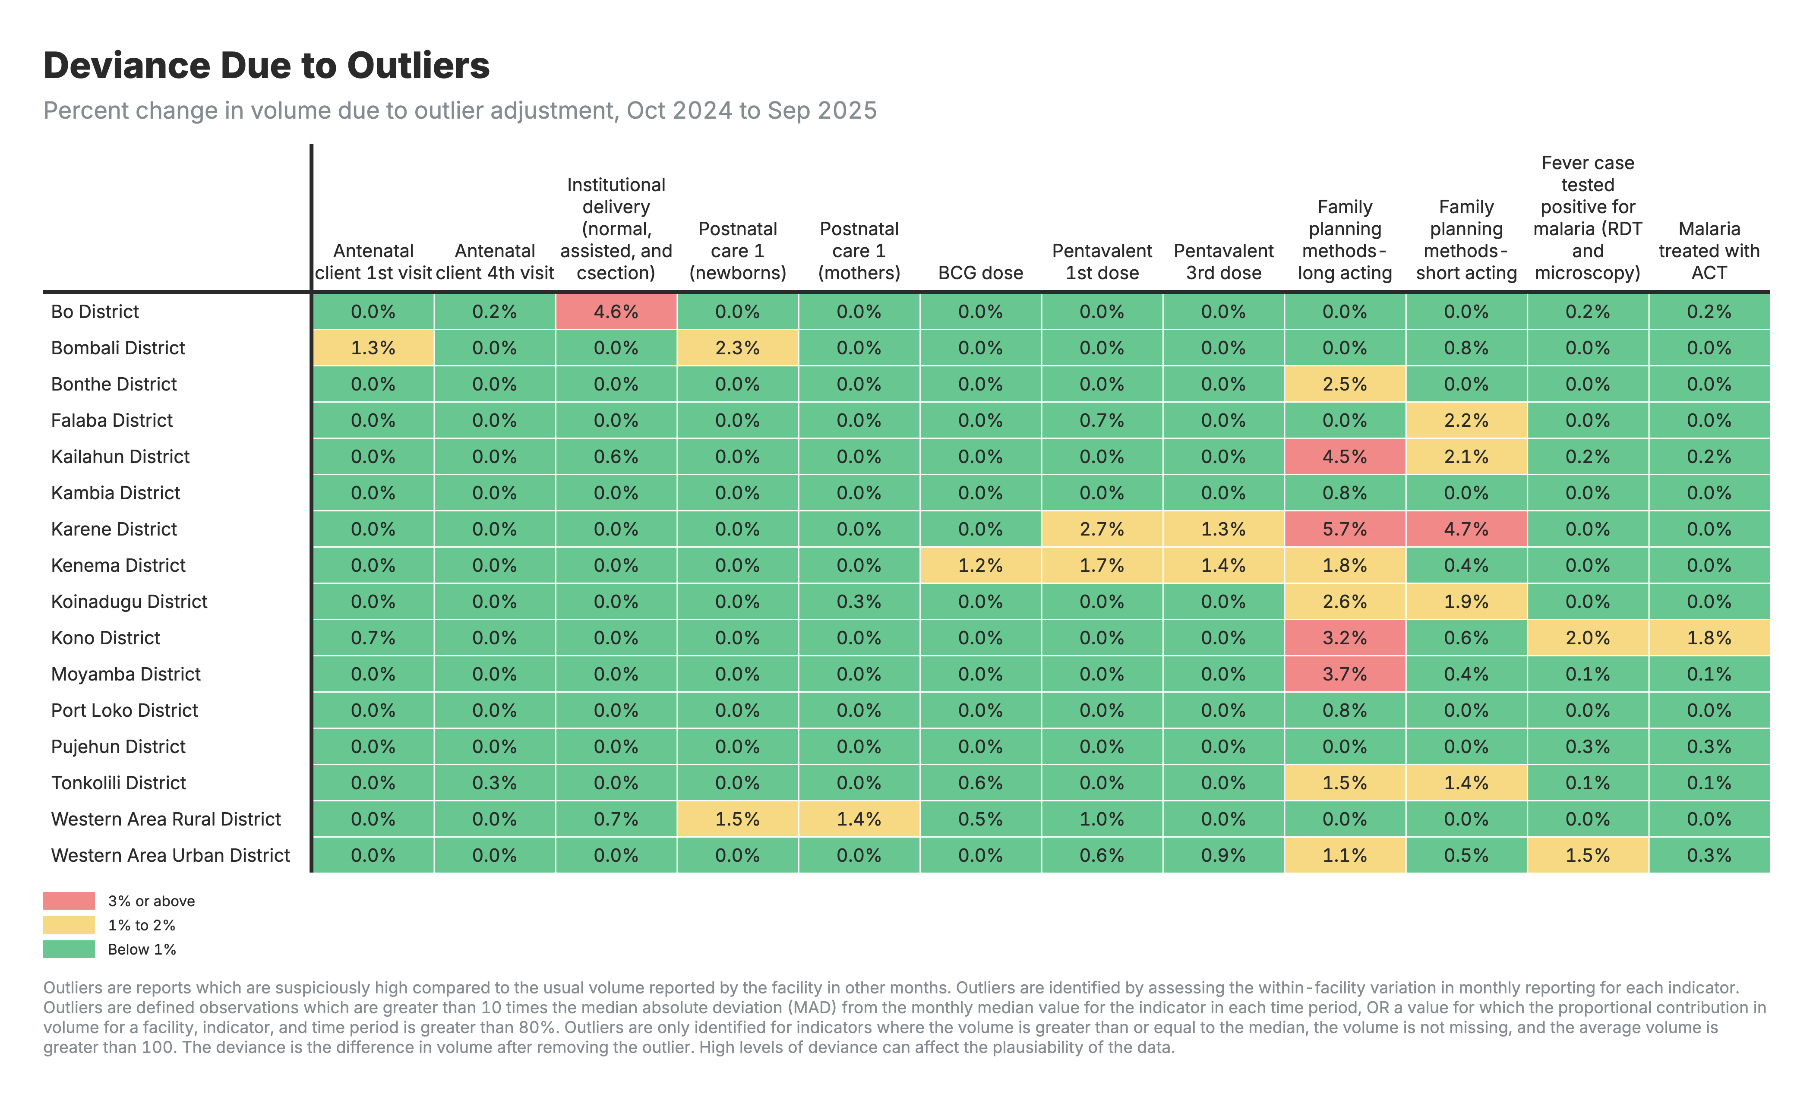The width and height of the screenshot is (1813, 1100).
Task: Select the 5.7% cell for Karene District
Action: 1344,529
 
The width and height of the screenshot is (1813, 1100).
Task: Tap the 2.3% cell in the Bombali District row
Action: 737,347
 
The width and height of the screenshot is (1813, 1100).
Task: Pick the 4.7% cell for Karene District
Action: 1466,529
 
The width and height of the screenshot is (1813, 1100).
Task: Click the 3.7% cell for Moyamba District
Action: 1344,674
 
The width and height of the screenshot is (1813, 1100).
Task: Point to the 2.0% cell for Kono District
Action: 1587,638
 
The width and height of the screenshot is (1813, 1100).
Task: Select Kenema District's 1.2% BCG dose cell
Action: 980,565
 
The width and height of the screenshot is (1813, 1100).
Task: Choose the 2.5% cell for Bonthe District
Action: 1344,384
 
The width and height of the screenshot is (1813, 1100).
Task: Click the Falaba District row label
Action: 112,420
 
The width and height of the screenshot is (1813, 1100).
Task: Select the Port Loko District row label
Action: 124,710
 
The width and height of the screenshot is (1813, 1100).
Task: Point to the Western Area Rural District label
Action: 166,819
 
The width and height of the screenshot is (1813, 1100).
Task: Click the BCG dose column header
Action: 980,273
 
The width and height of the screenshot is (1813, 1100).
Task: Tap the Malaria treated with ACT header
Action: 1709,251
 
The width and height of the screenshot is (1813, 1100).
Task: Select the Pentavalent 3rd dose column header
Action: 1223,262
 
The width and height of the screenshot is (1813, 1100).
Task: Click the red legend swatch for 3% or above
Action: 69,901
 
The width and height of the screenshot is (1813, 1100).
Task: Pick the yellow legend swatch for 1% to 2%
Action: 69,925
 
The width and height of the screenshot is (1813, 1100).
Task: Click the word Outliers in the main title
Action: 418,66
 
